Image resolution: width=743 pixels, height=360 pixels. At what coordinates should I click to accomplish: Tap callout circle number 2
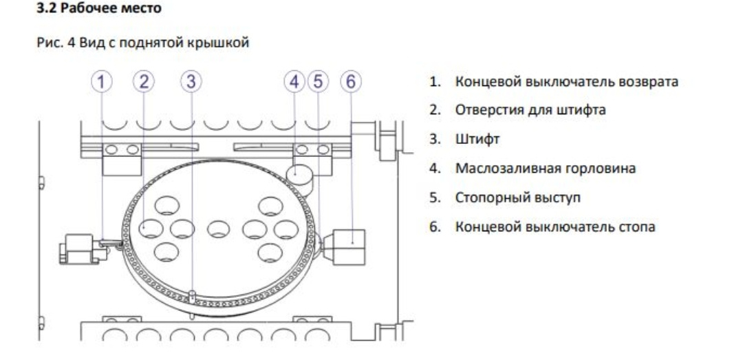click(x=144, y=81)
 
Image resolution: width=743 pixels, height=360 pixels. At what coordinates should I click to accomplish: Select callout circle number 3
click(x=191, y=81)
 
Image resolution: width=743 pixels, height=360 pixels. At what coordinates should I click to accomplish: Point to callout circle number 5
click(x=317, y=81)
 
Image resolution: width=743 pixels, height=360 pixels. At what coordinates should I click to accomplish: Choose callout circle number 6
click(x=352, y=81)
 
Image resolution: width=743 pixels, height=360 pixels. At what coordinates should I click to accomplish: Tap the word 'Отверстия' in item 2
click(x=481, y=111)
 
